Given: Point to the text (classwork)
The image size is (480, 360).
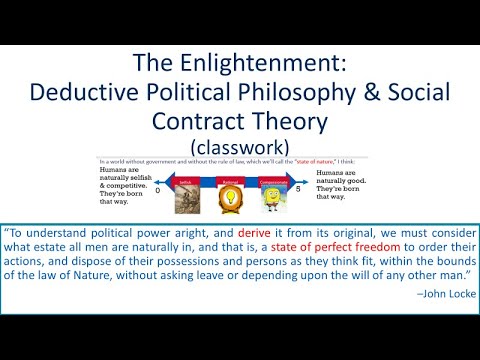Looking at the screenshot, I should [239, 145].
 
